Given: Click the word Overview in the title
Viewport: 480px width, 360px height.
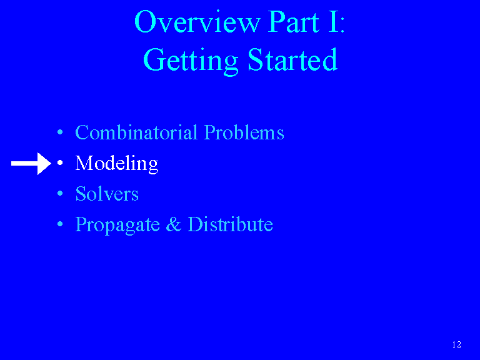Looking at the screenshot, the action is [197, 22].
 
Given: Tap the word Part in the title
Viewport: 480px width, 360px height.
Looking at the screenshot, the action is [294, 22].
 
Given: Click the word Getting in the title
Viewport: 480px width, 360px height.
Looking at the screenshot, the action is [191, 61].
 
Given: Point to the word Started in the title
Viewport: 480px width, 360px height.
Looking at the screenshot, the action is [292, 59].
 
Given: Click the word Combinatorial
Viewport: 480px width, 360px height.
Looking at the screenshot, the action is [136, 132].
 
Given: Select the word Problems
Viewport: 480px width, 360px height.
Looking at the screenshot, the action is [244, 132].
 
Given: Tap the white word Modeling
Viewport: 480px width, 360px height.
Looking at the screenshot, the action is [117, 164].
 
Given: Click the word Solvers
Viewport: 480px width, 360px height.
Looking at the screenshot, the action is [107, 194].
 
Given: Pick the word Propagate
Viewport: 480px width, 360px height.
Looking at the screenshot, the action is [117, 225].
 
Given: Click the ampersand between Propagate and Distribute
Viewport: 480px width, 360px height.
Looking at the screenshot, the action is [174, 224].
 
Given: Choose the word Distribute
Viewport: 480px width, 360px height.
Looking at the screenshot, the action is [230, 224].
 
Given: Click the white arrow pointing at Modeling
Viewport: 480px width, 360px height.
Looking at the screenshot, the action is [31, 164].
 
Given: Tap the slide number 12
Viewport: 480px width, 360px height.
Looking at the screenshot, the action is [456, 344].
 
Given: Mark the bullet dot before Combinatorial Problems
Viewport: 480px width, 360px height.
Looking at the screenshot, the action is [60, 132].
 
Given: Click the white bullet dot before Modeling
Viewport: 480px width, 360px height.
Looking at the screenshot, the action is [60, 163].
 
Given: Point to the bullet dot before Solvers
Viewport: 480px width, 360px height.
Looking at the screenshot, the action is [60, 194].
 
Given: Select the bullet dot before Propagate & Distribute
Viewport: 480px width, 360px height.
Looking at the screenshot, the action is [60, 224].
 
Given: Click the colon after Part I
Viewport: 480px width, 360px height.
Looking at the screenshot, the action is [342, 25].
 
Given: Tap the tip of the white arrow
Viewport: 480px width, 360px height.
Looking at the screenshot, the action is [51, 164].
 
